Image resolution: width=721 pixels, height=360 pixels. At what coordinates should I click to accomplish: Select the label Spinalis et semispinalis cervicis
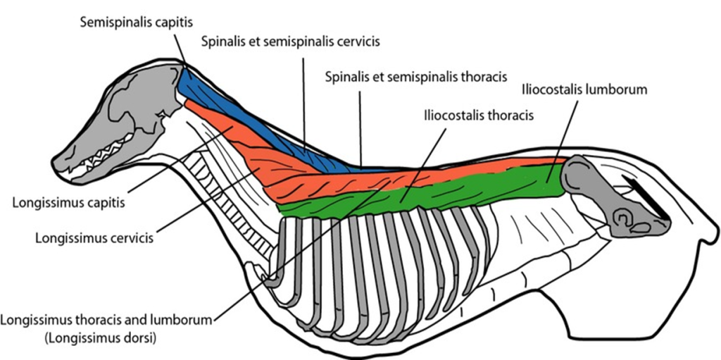coord(290,42)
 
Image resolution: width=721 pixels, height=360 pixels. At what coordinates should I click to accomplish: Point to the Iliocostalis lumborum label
coord(584,89)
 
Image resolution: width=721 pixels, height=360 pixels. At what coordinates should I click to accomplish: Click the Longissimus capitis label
coord(68,203)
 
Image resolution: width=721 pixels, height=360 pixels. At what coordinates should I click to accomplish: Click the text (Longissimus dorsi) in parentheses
coord(100,337)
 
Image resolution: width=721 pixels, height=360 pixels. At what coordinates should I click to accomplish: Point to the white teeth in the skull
coord(106,158)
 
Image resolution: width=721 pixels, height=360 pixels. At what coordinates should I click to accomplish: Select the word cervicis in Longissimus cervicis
coord(131,237)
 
